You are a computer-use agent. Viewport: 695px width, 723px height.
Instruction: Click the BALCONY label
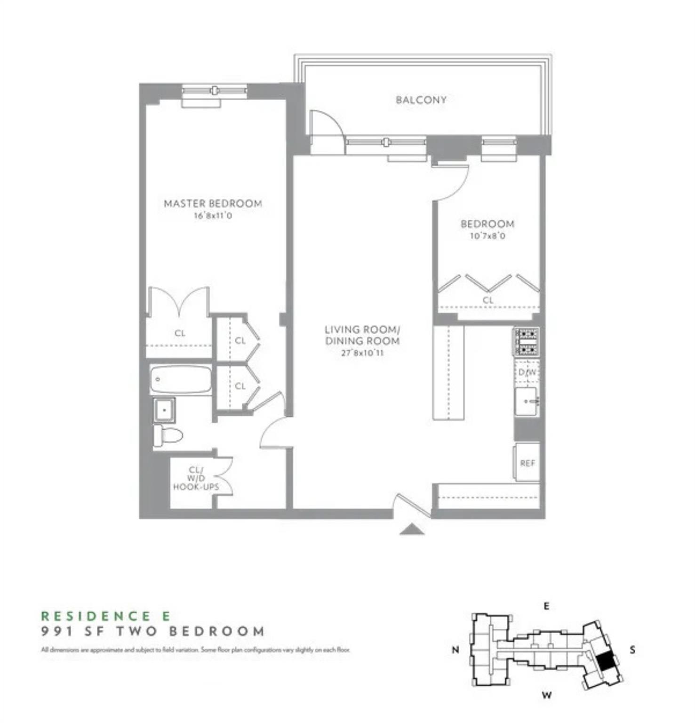tap(421, 100)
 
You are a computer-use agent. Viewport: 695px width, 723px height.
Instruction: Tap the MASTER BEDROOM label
tap(213, 203)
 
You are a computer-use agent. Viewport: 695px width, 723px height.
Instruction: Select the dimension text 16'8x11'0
tap(213, 216)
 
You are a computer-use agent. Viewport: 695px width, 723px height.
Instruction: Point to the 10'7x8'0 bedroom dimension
tap(487, 236)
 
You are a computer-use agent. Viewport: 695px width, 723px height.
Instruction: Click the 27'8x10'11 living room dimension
tap(362, 353)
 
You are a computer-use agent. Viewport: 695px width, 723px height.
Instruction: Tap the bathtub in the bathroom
tap(181, 380)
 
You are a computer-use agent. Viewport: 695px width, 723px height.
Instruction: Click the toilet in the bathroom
tap(168, 436)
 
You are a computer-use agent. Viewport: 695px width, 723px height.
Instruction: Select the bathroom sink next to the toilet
tap(164, 410)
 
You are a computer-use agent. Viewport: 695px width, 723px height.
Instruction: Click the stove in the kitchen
tap(526, 342)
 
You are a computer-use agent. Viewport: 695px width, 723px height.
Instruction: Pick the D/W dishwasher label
tap(527, 372)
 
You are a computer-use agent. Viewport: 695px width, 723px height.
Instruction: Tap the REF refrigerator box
tap(527, 463)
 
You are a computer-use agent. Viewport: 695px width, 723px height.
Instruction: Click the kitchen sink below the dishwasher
tap(527, 402)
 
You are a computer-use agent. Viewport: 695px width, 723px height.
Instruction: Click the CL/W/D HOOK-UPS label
tap(196, 478)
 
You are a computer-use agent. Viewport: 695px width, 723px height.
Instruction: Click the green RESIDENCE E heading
tap(106, 616)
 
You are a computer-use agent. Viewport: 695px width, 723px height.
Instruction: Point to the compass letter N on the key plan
tap(455, 650)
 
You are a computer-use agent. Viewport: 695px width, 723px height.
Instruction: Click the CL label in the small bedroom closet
tap(488, 300)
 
